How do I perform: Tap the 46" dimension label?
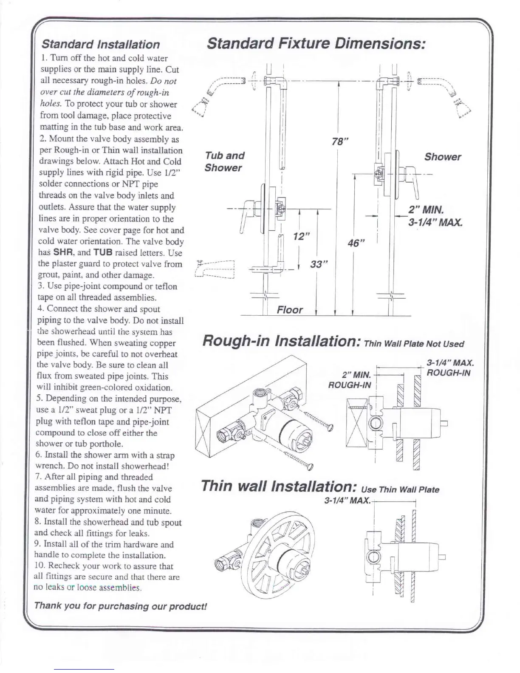click(356, 243)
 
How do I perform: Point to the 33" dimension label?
click(319, 264)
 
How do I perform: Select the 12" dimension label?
click(300, 237)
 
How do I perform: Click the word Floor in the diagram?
click(290, 310)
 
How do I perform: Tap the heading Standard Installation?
click(100, 44)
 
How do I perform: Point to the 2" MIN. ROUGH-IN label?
click(351, 380)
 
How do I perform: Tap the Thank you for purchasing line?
click(120, 605)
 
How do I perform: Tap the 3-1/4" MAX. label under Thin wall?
click(347, 500)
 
